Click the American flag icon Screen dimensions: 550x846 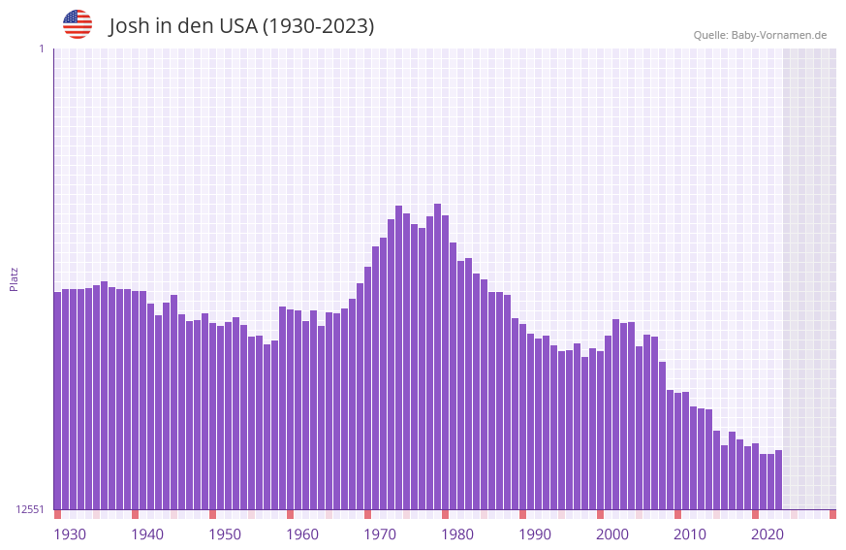coord(78,24)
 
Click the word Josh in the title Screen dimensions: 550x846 coord(130,26)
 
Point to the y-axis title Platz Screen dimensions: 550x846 coord(14,278)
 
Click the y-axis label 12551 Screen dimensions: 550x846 coord(29,509)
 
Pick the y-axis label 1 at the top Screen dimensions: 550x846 coord(41,49)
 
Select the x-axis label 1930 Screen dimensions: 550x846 coord(70,534)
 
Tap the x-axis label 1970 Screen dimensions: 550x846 coord(380,534)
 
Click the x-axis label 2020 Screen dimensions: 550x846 coord(768,534)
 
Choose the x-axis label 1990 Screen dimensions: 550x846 coord(535,534)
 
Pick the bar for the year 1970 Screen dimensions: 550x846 coord(367,388)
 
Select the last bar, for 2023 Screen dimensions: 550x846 coord(778,480)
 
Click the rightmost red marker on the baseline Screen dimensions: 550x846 coord(832,514)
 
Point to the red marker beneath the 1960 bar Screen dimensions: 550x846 coord(290,514)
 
